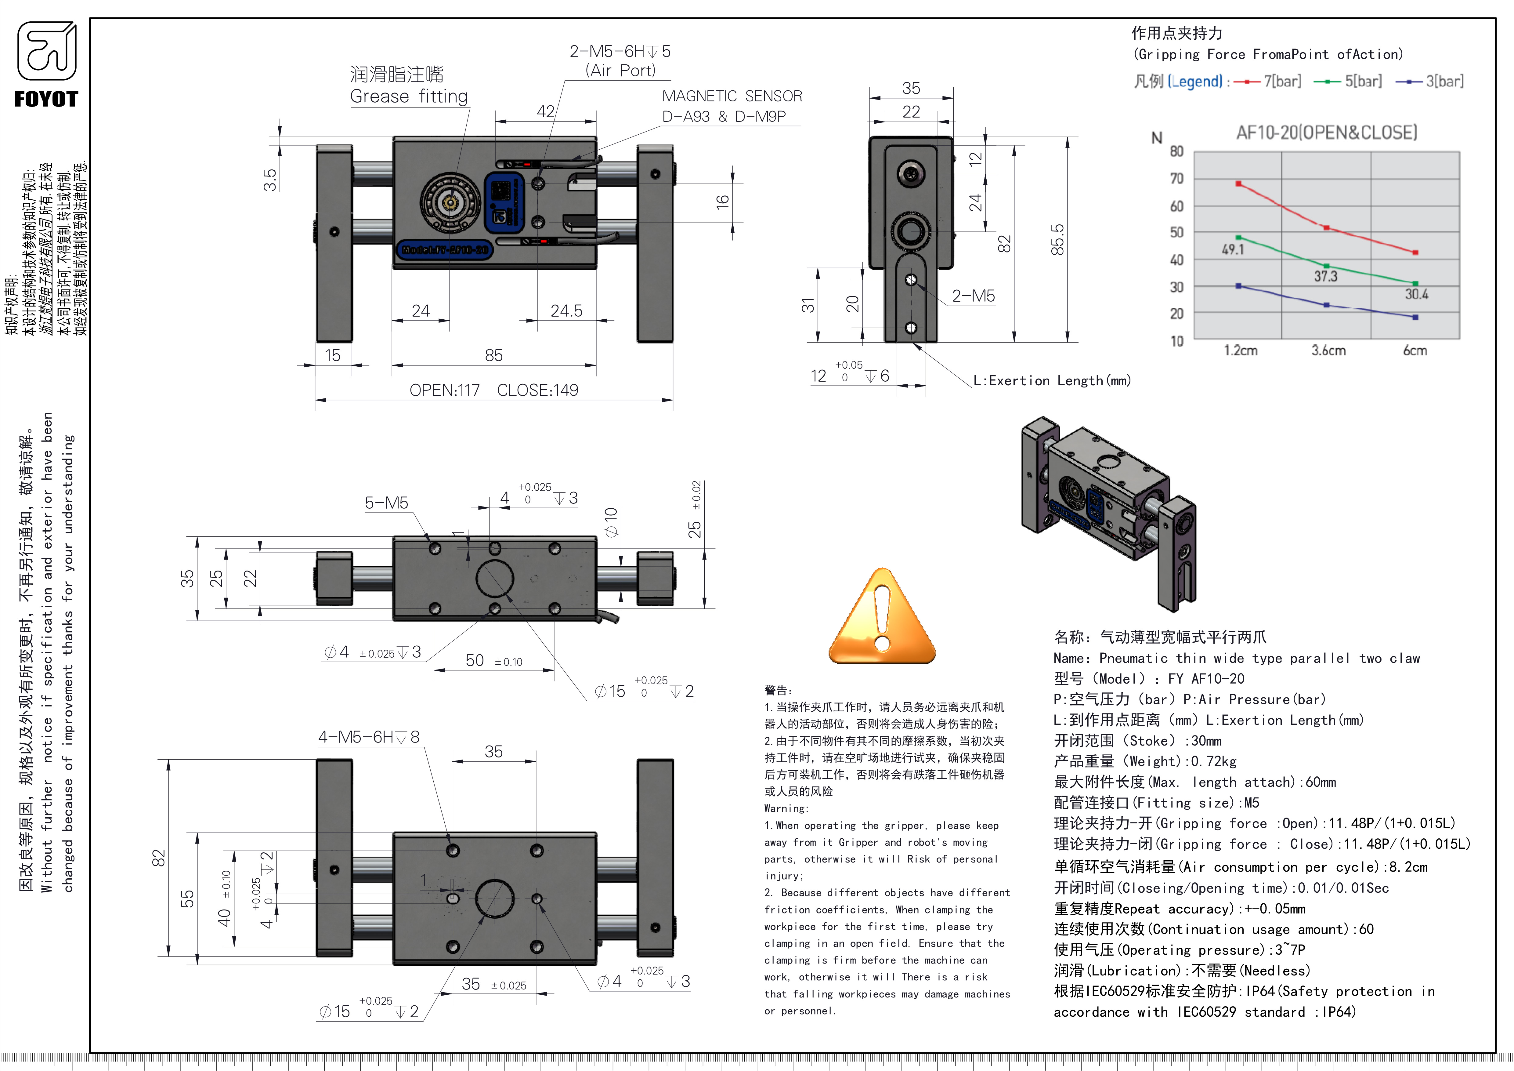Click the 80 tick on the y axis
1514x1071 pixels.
tap(1177, 151)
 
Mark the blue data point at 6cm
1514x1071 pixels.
tap(1415, 317)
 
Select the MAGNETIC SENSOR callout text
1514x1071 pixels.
tap(732, 96)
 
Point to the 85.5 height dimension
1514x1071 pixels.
tap(1057, 239)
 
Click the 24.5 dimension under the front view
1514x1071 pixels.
tap(566, 310)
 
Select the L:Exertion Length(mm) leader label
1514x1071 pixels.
tap(1052, 380)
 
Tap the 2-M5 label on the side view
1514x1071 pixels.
tap(973, 296)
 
